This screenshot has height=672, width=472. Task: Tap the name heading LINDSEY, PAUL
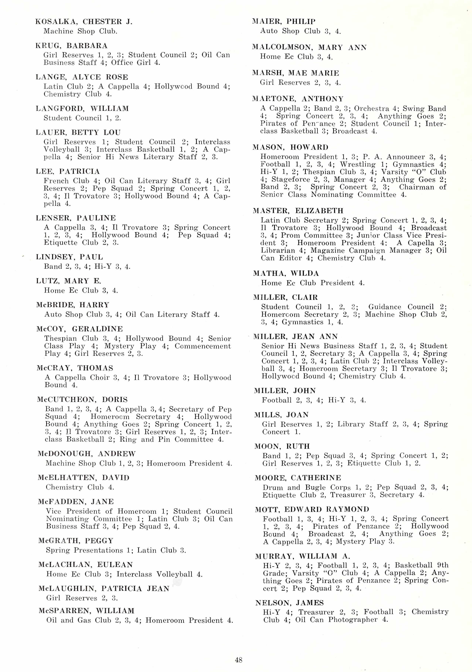[x=69, y=257]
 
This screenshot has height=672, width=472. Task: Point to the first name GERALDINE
[x=98, y=329]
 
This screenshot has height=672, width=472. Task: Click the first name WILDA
[x=304, y=273]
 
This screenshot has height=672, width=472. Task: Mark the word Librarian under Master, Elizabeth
[x=278, y=251]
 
